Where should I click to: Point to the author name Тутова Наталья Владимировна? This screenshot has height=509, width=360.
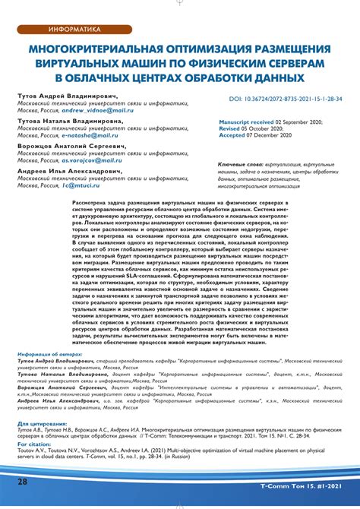[x=69, y=121]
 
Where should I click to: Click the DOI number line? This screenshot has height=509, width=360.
[x=286, y=100]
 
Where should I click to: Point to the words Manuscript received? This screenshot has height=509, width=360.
[x=246, y=122]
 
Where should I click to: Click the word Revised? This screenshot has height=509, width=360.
[x=229, y=129]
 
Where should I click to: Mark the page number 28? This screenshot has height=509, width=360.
[x=23, y=482]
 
